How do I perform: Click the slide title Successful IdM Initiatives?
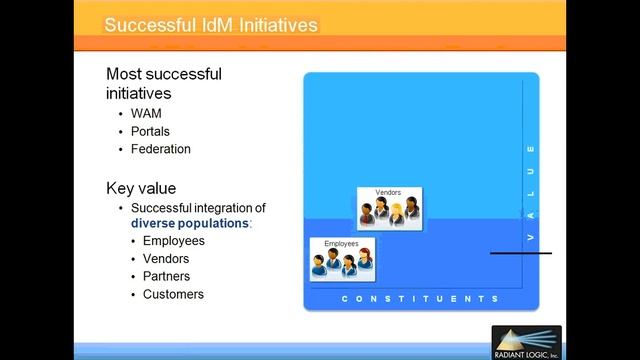[212, 22]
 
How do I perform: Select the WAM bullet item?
[146, 113]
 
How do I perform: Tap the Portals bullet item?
[151, 131]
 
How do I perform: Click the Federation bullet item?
[160, 149]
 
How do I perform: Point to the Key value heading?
[141, 187]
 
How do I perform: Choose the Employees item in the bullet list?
[173, 241]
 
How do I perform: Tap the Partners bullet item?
[166, 276]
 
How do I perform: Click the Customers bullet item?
[173, 294]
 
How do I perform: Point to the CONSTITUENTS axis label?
[420, 299]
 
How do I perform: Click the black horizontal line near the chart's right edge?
[520, 253]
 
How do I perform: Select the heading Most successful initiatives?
[164, 83]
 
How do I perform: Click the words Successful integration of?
[198, 207]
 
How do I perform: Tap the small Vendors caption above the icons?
[388, 192]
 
